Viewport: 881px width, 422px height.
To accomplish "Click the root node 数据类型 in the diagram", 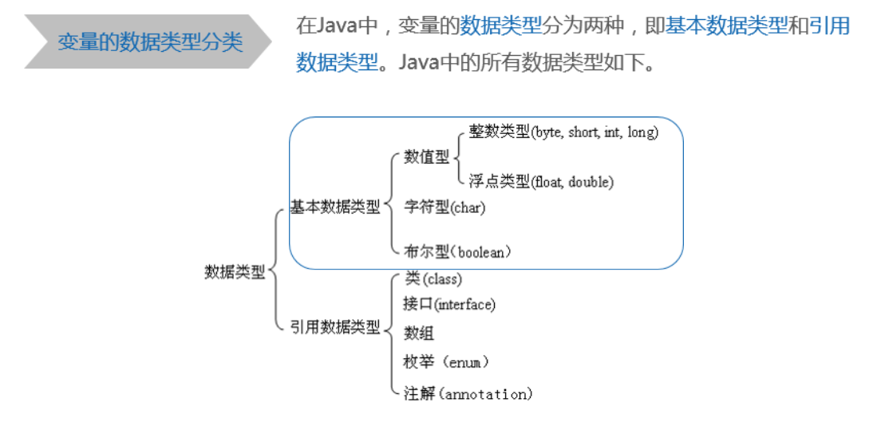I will pos(235,272).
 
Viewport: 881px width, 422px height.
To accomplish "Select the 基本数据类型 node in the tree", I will pos(335,207).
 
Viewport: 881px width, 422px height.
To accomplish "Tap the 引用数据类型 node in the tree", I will pos(335,327).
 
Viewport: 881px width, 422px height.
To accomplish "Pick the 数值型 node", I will pos(427,157).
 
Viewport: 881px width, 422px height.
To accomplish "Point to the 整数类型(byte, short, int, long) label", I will pos(563,132).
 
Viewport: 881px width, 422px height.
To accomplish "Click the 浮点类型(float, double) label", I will pos(541,182).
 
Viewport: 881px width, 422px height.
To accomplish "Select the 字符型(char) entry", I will pos(444,208).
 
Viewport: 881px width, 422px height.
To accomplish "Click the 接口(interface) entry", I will pos(449,304).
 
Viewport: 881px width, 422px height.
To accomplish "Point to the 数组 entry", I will pos(419,333).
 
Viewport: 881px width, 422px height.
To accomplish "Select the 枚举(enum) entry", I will pos(446,362).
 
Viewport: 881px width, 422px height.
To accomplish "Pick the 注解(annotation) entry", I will pos(468,393).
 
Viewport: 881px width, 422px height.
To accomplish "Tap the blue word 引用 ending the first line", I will pos(830,26).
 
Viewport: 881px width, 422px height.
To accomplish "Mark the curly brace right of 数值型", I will pos(458,157).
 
